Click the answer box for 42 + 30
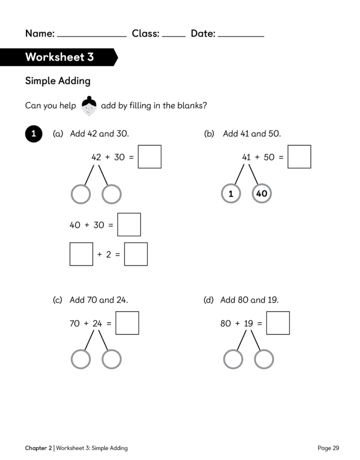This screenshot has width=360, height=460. point(150,157)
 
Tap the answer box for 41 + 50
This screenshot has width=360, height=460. point(299,157)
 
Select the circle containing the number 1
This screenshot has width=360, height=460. point(231,194)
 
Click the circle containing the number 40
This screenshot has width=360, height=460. point(262,194)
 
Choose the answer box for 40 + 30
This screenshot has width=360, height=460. point(129,225)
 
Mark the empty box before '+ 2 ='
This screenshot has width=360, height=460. point(81,254)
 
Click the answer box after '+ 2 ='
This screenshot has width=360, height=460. point(136,254)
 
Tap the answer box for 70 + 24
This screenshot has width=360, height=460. point(127,323)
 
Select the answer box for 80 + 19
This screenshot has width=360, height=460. point(278,323)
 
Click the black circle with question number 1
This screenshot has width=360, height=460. point(34,134)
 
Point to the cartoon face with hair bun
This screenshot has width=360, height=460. point(89,106)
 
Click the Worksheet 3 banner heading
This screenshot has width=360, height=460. point(60,57)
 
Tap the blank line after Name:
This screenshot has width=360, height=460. point(92,37)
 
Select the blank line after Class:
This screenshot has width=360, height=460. point(173,37)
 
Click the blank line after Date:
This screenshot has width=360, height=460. point(241,37)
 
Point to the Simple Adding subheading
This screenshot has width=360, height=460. point(58,81)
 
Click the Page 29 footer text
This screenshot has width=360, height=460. point(328,448)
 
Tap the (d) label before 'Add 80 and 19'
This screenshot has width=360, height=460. point(209,300)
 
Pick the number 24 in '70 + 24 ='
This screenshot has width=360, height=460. point(98,323)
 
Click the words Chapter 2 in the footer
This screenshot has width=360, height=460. point(39,448)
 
